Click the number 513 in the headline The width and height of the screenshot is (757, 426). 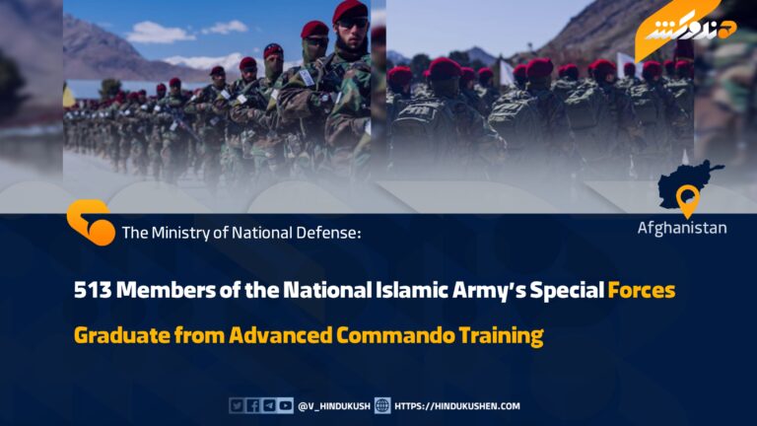click(x=93, y=290)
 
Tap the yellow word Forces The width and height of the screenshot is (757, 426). click(x=642, y=290)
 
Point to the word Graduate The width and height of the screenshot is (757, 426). click(x=122, y=335)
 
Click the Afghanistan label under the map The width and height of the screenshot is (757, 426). click(x=682, y=228)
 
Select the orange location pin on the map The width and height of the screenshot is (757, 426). click(x=688, y=200)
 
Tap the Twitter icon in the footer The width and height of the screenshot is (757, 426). click(x=237, y=405)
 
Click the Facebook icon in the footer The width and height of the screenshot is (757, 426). click(x=253, y=405)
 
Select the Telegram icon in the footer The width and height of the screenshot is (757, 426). click(x=269, y=405)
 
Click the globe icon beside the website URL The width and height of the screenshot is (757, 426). click(x=382, y=405)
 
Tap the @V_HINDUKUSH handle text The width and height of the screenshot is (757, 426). click(x=334, y=406)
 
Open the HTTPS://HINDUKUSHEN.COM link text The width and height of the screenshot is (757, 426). click(x=457, y=406)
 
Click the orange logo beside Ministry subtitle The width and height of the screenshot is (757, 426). click(x=91, y=223)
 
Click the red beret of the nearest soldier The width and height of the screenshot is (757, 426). click(x=350, y=11)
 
